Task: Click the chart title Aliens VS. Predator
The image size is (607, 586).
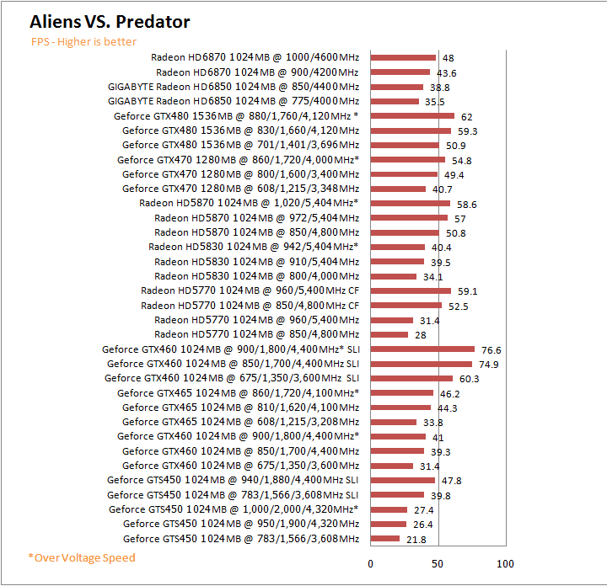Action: tap(110, 22)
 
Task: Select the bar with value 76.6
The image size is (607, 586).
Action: tap(422, 349)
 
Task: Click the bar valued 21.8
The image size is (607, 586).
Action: tap(385, 539)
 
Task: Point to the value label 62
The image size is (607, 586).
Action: tap(466, 116)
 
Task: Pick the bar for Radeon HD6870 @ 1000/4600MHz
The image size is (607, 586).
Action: tap(403, 58)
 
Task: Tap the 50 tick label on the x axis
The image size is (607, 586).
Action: tap(438, 563)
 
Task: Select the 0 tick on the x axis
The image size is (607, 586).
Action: tap(371, 563)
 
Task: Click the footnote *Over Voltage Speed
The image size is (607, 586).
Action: tap(81, 557)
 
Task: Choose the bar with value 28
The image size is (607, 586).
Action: tap(389, 334)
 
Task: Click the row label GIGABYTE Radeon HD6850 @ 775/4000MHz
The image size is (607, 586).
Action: tap(234, 101)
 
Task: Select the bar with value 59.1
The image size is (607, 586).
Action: tap(411, 290)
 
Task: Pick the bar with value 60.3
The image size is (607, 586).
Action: tap(411, 379)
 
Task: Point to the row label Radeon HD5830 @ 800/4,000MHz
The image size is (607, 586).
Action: tap(257, 276)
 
